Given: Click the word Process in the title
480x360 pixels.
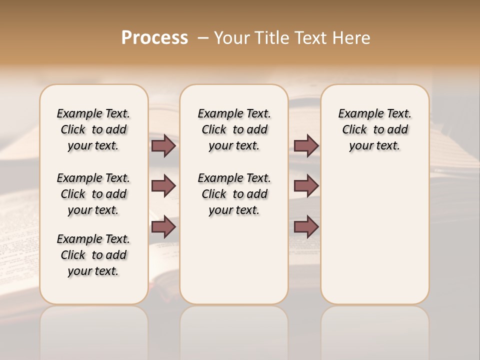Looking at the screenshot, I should (154, 38).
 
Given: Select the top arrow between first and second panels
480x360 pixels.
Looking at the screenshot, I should (163, 145).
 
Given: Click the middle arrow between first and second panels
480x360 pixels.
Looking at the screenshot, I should (163, 186).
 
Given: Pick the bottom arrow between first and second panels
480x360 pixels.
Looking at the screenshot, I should (163, 227).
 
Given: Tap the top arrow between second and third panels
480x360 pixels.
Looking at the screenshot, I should (306, 145).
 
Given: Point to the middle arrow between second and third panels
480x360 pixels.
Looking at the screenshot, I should (306, 186).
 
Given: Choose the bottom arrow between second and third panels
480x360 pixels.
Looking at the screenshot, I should (306, 227).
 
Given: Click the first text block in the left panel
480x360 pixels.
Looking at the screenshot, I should (93, 129).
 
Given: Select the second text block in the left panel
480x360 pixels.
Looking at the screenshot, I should (93, 194).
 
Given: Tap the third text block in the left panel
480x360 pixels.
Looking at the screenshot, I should (93, 255).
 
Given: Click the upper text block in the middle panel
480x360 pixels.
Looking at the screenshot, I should (234, 129).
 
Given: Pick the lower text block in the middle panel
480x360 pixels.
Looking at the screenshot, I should (234, 194).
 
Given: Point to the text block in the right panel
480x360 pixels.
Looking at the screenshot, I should (374, 129).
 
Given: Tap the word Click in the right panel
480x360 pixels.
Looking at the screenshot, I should (354, 130).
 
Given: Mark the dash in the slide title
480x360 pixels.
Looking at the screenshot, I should (202, 38).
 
